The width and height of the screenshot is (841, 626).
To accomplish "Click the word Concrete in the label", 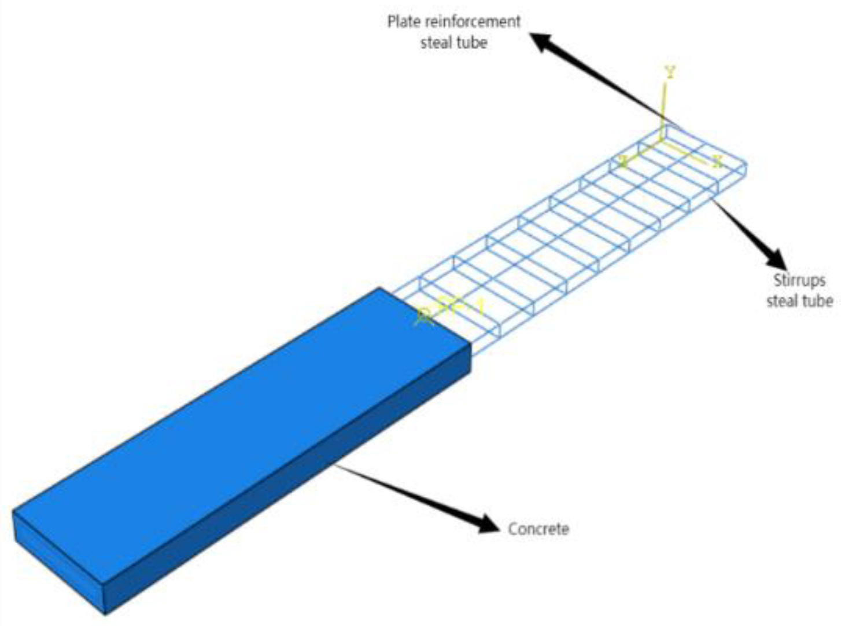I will click(538, 529).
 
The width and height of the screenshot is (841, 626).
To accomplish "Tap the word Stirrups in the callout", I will click(799, 280).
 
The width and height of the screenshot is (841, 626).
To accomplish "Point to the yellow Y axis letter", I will click(670, 72).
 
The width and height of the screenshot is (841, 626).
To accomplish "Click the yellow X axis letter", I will click(717, 161).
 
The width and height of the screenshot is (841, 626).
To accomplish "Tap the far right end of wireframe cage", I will click(745, 168).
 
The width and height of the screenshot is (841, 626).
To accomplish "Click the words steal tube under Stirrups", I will click(799, 301).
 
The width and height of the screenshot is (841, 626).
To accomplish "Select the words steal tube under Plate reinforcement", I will click(453, 43).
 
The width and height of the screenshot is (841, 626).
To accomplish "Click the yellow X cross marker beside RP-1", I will click(424, 316).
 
